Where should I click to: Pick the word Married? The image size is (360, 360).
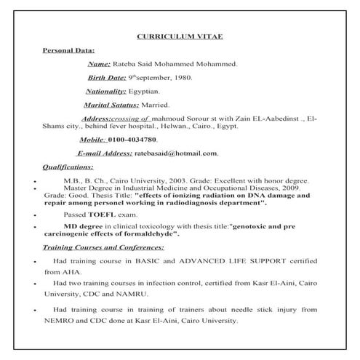[x=166, y=105]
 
